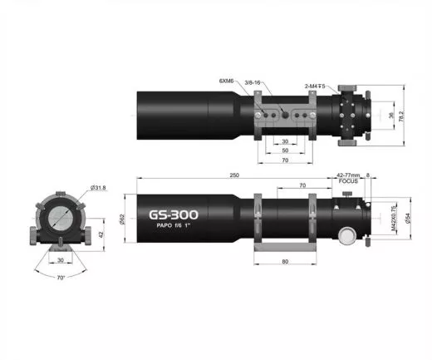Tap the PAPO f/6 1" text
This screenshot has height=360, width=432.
pyautogui.click(x=171, y=229)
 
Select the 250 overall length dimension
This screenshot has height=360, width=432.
pyautogui.click(x=236, y=175)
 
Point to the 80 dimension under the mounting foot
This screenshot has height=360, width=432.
pyautogui.click(x=285, y=262)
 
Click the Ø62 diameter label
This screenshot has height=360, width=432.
pyautogui.click(x=123, y=218)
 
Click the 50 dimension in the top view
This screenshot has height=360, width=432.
pyautogui.click(x=285, y=150)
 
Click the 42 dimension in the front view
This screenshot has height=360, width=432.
pyautogui.click(x=101, y=235)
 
